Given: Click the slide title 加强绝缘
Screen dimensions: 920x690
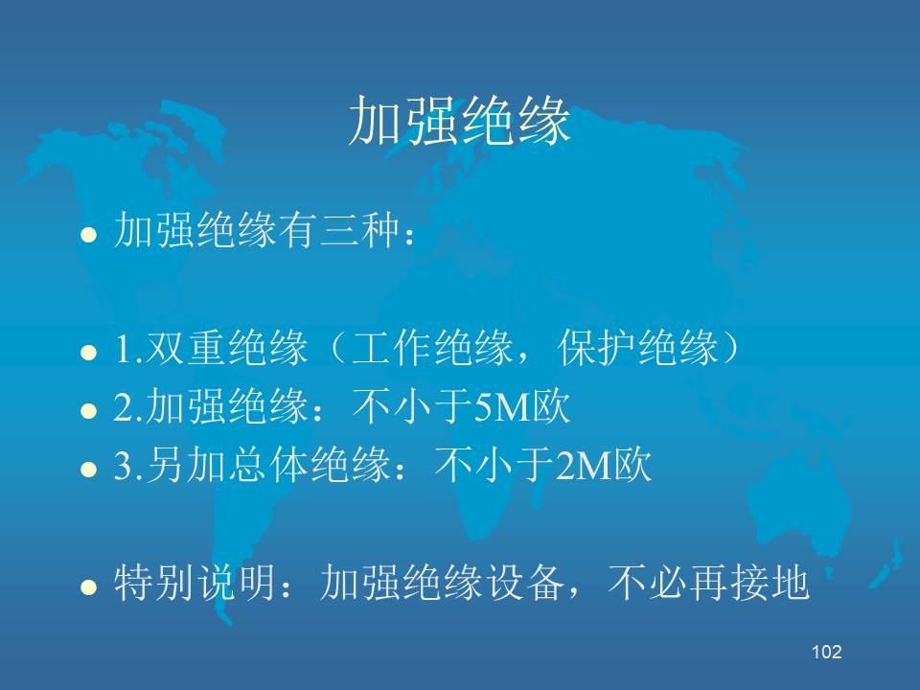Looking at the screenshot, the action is click(459, 121).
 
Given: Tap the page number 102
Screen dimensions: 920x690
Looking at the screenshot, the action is click(827, 652).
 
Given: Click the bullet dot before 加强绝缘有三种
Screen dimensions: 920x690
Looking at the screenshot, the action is click(88, 235).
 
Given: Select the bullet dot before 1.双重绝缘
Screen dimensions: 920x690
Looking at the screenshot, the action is click(88, 352).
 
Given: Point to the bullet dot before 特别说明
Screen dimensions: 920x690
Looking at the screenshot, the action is click(88, 586).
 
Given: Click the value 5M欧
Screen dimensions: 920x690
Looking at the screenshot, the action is click(522, 406).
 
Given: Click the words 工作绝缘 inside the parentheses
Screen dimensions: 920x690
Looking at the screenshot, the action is click(431, 347).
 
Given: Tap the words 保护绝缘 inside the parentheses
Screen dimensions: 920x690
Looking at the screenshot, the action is click(638, 347).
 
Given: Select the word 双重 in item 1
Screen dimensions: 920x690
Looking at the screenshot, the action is click(186, 347).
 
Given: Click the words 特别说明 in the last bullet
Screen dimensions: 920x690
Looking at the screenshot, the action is click(195, 583).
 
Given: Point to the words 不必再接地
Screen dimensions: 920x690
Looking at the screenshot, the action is click(709, 583).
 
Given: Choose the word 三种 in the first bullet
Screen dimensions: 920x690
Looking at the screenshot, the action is click(360, 229).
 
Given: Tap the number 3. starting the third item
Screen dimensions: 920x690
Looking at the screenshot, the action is click(128, 467).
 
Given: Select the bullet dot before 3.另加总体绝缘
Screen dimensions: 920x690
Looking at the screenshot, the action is click(88, 470).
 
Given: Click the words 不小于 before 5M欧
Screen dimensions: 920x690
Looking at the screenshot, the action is click(412, 406).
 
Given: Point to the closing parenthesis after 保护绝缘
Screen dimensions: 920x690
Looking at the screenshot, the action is click(730, 347).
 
